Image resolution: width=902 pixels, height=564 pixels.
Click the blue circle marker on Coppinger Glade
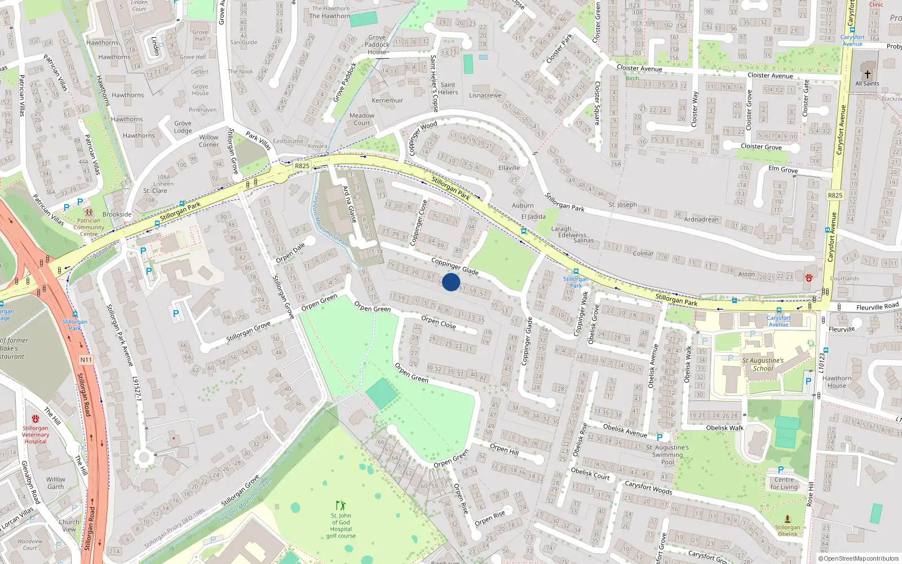coord(451,282)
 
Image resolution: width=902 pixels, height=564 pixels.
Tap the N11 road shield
coord(86,360)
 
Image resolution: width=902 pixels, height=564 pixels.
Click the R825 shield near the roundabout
coord(302,166)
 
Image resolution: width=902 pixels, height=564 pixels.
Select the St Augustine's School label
coord(763,364)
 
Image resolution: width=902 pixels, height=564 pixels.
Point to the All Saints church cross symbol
coord(867,74)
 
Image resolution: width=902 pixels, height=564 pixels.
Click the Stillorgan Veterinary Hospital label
coord(36,434)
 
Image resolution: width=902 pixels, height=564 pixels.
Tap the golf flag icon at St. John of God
coord(340,505)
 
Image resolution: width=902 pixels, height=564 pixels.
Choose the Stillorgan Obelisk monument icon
coord(788,519)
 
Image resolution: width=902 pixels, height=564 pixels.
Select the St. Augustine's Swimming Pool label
coord(667,455)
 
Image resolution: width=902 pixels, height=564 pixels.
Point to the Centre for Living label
coord(784,483)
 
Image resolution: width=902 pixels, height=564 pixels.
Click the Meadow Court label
coord(362,119)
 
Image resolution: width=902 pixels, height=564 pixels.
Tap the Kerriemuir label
coord(387,100)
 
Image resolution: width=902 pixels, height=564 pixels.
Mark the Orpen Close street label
coord(438,322)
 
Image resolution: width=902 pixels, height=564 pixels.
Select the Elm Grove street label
coord(783,169)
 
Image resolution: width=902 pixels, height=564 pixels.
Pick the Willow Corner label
coord(209,141)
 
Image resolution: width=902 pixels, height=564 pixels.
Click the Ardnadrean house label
coord(701,219)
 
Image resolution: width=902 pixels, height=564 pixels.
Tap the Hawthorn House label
coord(837,382)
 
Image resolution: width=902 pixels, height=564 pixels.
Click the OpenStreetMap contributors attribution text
coord(861,558)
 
